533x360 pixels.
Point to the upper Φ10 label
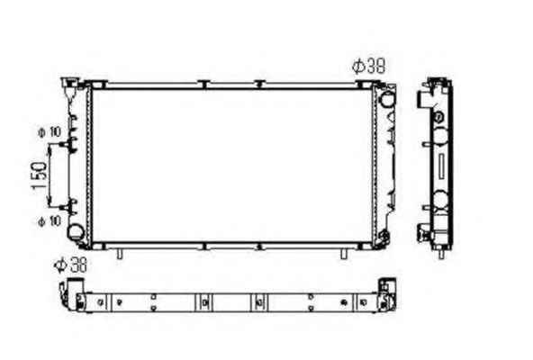[x=49, y=132]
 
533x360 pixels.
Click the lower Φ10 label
[x=49, y=220]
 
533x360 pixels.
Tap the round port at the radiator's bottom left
[x=77, y=231]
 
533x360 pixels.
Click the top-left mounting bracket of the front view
[x=69, y=85]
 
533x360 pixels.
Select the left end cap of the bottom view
[x=70, y=292]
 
